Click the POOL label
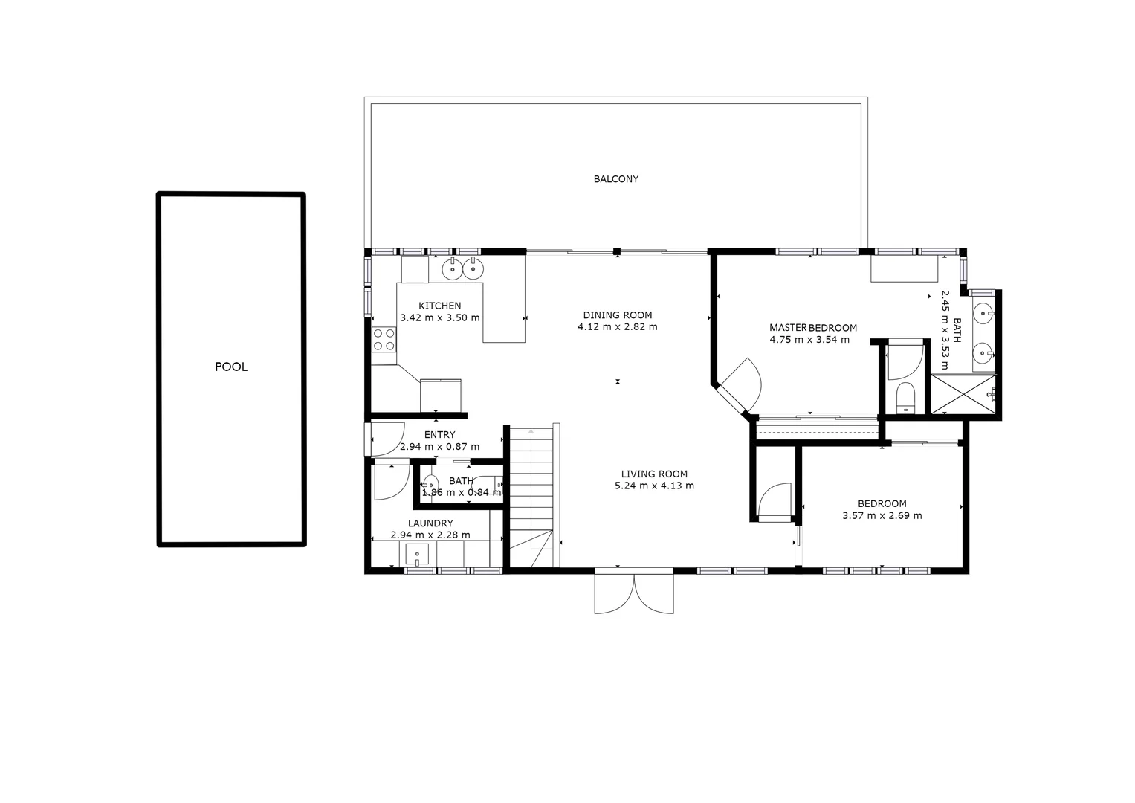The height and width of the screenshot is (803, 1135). pos(231,367)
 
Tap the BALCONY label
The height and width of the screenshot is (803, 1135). pos(615,179)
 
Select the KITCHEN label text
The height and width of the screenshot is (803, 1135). pos(439,306)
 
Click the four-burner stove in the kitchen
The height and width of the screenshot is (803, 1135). pos(384,340)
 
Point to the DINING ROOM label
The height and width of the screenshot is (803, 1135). pos(617,315)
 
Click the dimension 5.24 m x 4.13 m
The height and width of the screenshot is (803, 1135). pos(654,486)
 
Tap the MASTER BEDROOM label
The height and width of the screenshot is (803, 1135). pos(812,328)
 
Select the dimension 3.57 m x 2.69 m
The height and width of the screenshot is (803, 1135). pos(882,515)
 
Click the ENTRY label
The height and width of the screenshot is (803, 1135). pos(439,435)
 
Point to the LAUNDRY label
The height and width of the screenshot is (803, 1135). pos(430,523)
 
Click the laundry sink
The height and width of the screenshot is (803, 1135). pos(417,554)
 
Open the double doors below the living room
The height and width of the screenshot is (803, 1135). pos(634,593)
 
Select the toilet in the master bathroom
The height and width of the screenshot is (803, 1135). pos(905,398)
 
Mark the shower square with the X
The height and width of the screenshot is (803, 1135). pos(963,393)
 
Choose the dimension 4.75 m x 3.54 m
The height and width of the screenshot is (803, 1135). pos(809,340)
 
